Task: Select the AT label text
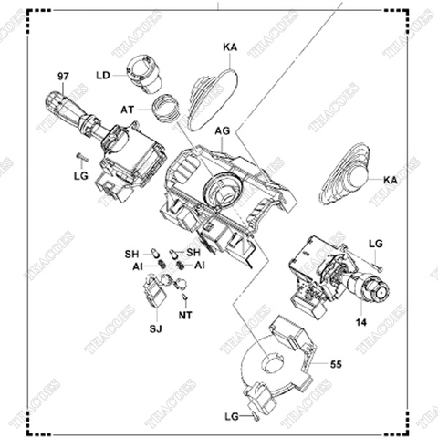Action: (127, 108)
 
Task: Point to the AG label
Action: (222, 130)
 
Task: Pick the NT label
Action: (186, 316)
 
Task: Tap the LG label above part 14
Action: (374, 244)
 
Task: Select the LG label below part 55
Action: (232, 416)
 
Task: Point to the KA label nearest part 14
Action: (390, 181)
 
